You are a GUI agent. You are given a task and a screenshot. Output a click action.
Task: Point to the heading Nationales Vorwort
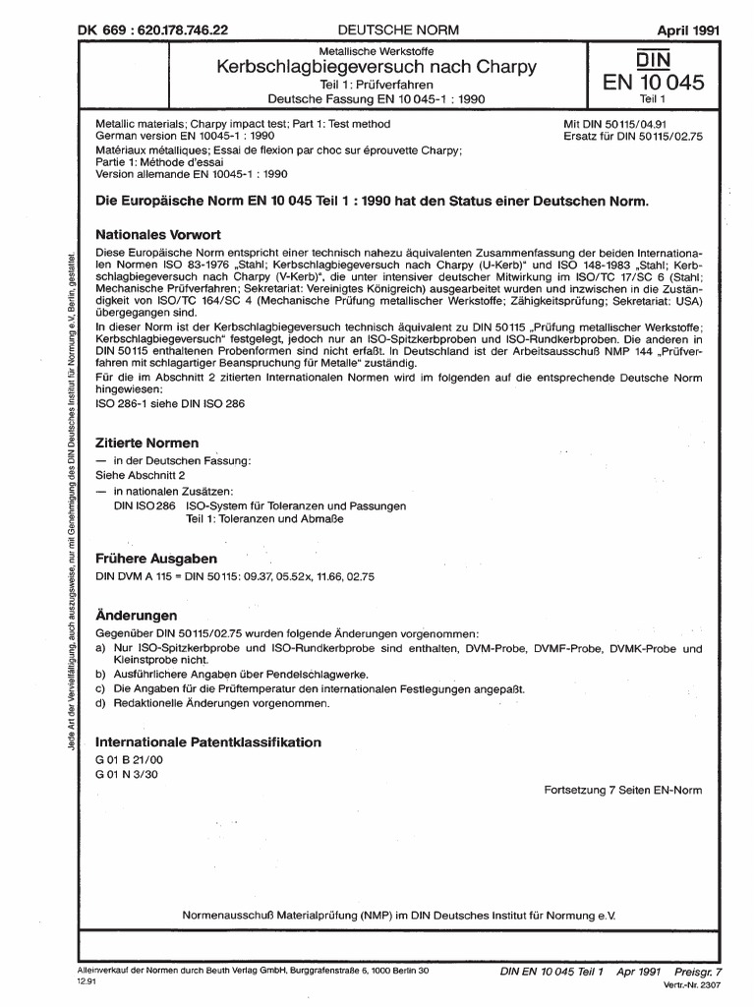click(x=157, y=236)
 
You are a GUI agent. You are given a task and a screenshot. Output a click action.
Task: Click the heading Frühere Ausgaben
click(x=154, y=559)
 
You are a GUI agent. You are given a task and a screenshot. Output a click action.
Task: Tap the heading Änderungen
click(x=136, y=615)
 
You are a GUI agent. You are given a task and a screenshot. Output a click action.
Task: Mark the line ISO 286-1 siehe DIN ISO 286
click(x=168, y=404)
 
